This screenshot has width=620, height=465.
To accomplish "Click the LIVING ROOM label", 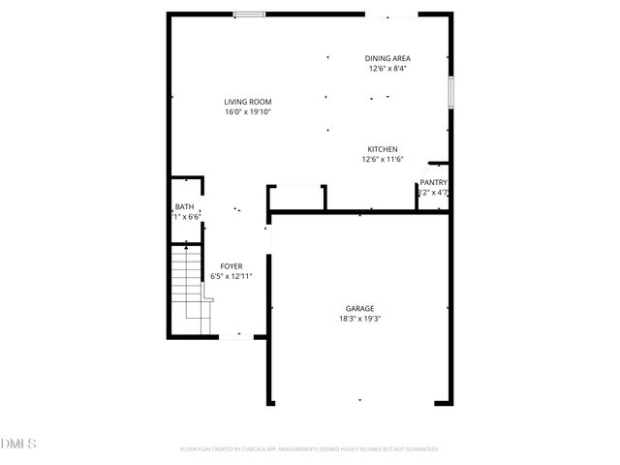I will pos(247,102).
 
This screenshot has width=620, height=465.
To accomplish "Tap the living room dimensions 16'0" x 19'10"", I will pos(247,111).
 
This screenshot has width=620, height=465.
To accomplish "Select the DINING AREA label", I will pos(387,58).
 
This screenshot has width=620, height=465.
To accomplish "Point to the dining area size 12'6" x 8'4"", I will pos(387,69).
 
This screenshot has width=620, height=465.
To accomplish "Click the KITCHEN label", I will pos(382,149).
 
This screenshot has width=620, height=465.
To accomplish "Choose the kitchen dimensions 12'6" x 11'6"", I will pos(382,160).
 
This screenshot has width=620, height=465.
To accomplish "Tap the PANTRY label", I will pos(433,182).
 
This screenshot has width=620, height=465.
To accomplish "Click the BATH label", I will pos(184,207).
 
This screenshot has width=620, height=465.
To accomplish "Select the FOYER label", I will pos(232,266).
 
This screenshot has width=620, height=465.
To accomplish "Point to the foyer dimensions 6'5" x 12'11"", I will pos(232,277).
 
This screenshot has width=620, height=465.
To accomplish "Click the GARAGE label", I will pos(359,307).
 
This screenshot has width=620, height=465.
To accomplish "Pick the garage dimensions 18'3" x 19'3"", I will pos(359,318).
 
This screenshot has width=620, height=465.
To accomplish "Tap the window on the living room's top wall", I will pos(250,15).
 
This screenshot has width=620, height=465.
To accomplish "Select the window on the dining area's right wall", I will pos(449,91).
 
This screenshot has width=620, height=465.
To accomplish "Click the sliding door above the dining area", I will pos(391,15).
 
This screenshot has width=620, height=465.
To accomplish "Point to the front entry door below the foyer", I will pos(235,337).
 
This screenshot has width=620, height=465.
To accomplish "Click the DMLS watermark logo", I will pos(18,444).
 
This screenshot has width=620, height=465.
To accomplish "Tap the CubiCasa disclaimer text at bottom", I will pos(310,449).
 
